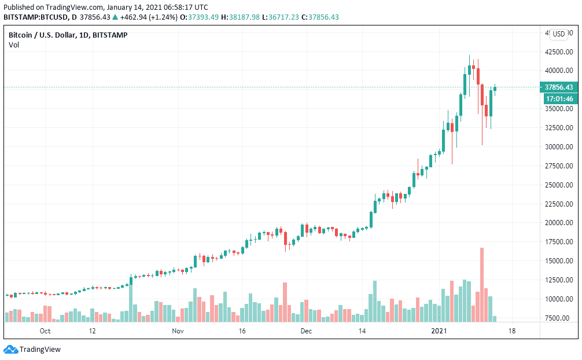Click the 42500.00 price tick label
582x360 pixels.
click(x=559, y=52)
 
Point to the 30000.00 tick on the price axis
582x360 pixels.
click(x=559, y=147)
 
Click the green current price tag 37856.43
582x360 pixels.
click(x=559, y=87)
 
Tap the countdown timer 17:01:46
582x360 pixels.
click(x=559, y=99)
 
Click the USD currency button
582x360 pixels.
click(x=559, y=34)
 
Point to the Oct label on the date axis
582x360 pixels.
click(x=45, y=331)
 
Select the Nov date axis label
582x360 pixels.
click(x=178, y=331)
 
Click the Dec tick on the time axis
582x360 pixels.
click(x=306, y=331)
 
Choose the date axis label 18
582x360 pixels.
click(x=511, y=331)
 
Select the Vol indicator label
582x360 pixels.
click(x=14, y=45)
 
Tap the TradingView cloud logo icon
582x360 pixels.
click(x=10, y=349)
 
